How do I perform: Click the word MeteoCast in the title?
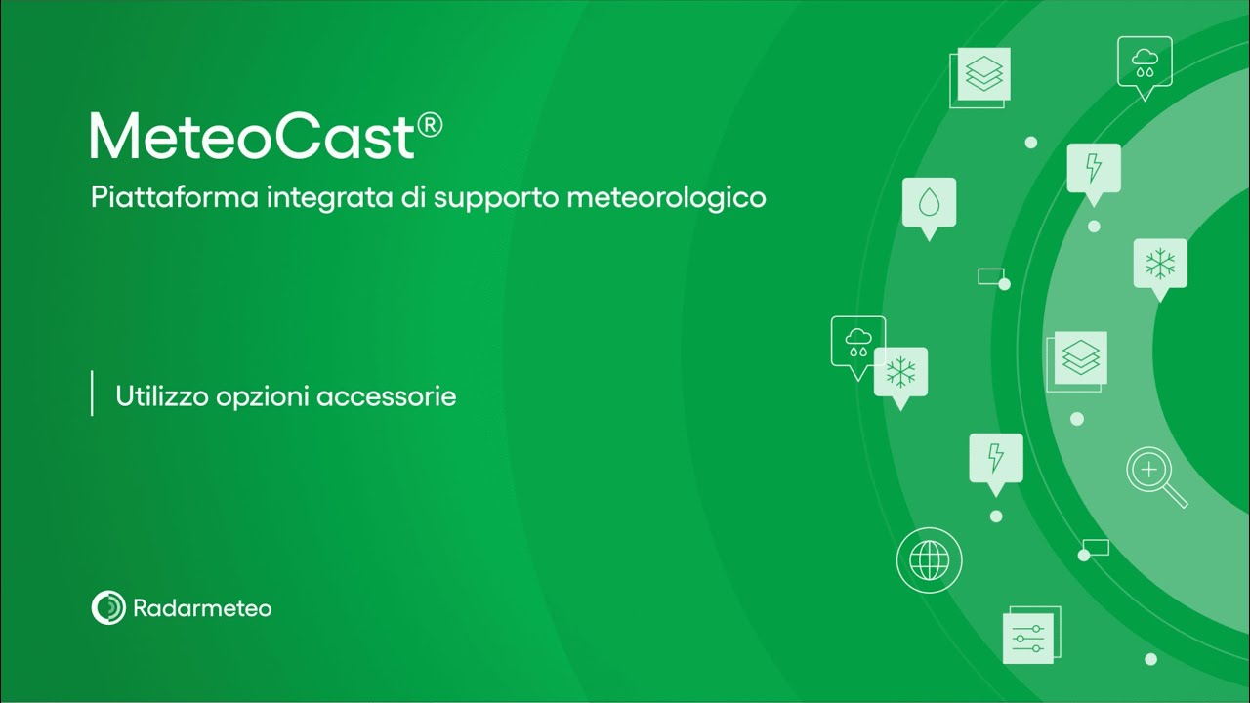point(252,137)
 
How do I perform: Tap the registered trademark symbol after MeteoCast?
point(430,125)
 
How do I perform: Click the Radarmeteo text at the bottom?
point(202,608)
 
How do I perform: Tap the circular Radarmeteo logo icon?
point(108,607)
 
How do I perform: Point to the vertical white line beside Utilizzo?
point(92,393)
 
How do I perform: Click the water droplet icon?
point(929,202)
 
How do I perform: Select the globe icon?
point(929,560)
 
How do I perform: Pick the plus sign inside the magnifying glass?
point(1149,470)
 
